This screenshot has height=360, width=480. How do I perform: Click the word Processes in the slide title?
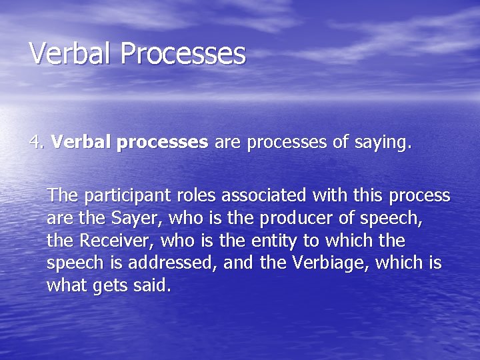183,53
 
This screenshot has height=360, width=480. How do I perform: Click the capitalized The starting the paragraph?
62,195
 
